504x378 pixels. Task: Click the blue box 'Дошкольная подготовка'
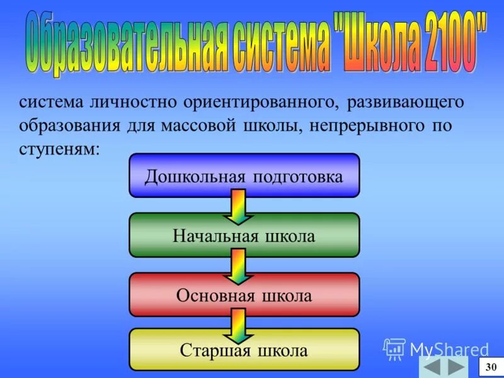tap(244, 176)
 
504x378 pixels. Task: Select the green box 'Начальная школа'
tap(244, 235)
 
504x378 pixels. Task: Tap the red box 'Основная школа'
tap(244, 294)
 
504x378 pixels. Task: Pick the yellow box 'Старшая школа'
tap(244, 350)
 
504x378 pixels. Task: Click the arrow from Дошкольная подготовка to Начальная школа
tap(238, 207)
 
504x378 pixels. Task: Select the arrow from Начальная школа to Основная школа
tap(238, 265)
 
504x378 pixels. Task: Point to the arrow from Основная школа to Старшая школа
tap(238, 324)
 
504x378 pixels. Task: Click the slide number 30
tap(491, 367)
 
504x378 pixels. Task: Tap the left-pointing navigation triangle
tap(431, 367)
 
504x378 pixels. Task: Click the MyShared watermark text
tap(449, 349)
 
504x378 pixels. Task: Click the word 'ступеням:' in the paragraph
tap(59, 149)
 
